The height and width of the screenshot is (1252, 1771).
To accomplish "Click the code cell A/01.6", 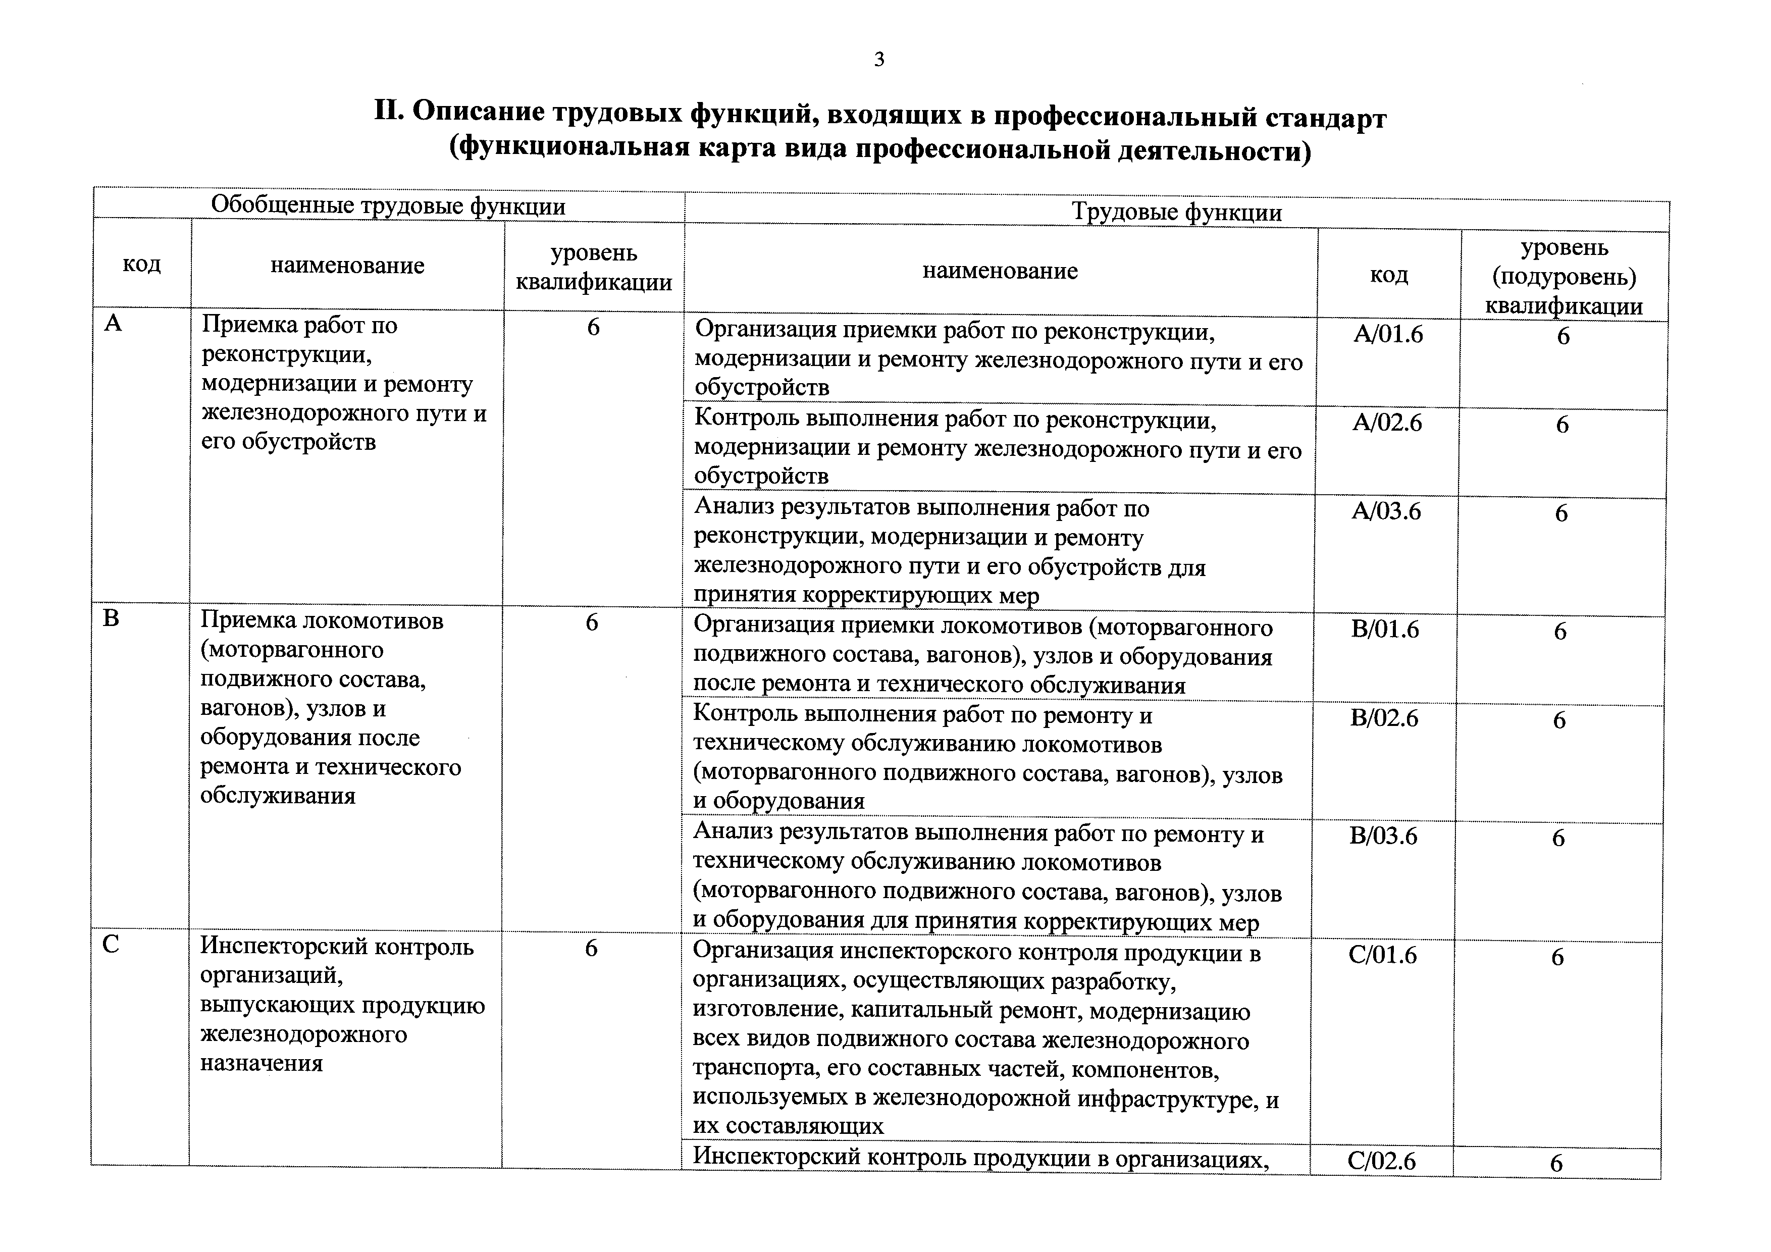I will [x=1388, y=334].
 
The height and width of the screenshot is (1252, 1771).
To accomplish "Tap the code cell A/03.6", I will [x=1386, y=511].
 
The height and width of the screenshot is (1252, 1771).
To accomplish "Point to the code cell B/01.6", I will [x=1385, y=630].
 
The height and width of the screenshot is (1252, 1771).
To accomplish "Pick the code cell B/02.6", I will [x=1384, y=718].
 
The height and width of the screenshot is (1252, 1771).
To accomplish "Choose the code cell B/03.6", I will [x=1383, y=836].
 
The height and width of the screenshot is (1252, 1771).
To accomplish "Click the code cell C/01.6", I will [x=1382, y=955].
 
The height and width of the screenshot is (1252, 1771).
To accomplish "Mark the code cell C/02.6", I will [x=1381, y=1161].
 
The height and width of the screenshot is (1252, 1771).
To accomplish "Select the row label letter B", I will [x=111, y=618].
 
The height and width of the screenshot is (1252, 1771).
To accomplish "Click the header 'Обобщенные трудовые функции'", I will [x=388, y=206].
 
